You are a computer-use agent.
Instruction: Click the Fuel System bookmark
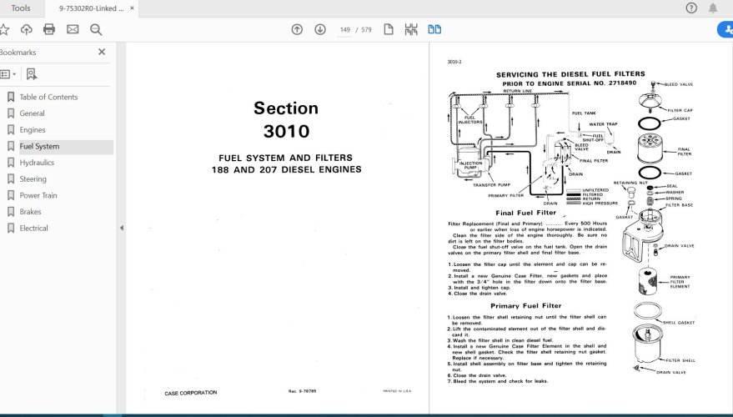tap(39, 147)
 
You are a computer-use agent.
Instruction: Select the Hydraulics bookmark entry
tap(37, 163)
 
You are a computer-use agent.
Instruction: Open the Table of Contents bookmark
tap(48, 98)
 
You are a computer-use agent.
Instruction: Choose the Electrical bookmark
tap(33, 228)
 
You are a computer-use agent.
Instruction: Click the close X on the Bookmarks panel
tap(102, 52)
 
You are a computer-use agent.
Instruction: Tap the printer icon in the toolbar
tap(49, 29)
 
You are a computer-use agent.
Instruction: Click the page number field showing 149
tap(344, 30)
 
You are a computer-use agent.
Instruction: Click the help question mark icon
tap(691, 8)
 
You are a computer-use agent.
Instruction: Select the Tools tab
tap(21, 8)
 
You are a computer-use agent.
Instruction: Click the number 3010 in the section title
tap(286, 132)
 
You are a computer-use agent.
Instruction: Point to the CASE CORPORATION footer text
tap(191, 392)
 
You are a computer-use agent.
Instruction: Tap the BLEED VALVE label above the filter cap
tap(678, 84)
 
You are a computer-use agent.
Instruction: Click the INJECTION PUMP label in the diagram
tap(471, 166)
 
